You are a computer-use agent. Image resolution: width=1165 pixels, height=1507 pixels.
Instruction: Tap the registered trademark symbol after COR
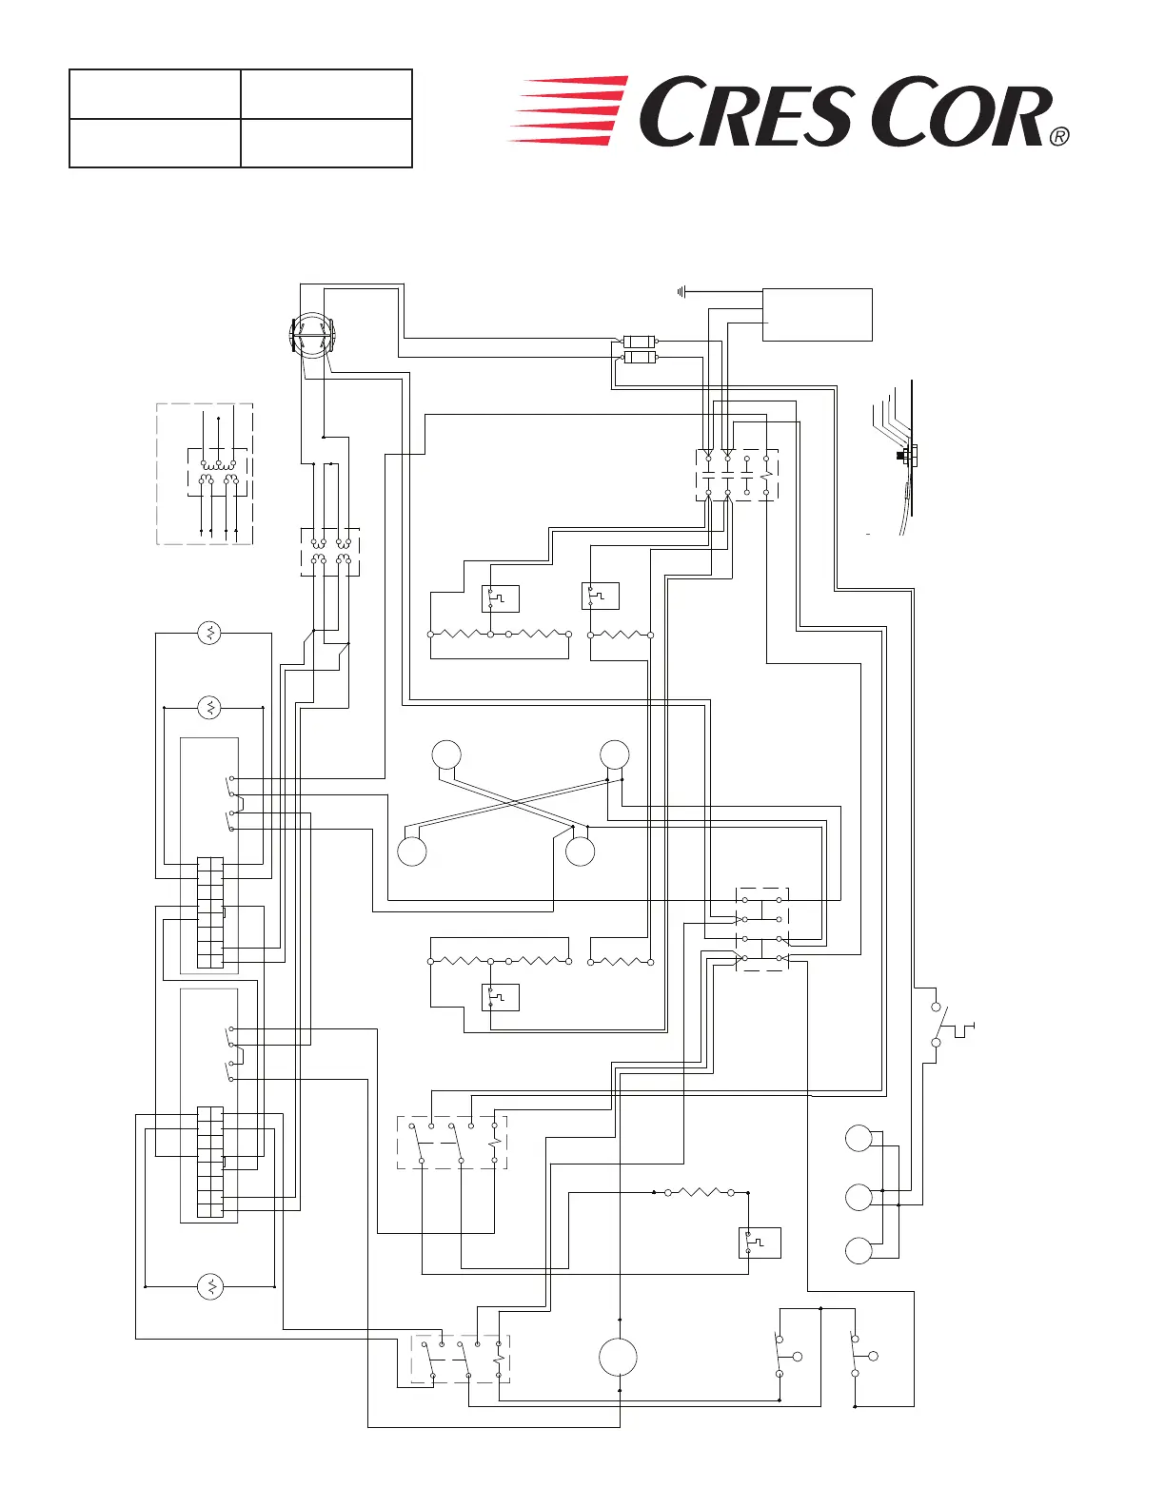tap(1059, 137)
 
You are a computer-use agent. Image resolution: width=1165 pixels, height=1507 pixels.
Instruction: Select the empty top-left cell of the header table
tap(155, 94)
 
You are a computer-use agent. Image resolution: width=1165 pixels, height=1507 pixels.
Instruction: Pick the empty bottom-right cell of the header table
tap(326, 143)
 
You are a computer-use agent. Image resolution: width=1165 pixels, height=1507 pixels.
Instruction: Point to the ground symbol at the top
tap(681, 292)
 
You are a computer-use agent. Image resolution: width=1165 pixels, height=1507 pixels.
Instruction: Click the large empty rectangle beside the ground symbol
tap(817, 315)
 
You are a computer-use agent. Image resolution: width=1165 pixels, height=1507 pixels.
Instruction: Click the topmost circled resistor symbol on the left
tap(209, 632)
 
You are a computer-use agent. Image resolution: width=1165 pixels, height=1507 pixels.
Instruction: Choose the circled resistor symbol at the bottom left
tap(209, 1287)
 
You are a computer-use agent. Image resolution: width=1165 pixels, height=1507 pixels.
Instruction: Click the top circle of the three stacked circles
tap(859, 1138)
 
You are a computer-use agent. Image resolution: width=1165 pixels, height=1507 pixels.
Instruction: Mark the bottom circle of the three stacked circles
tap(859, 1250)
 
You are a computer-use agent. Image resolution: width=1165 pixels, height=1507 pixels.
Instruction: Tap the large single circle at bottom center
tap(618, 1357)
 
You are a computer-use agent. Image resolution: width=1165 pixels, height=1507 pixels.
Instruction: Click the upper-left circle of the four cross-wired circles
tap(446, 754)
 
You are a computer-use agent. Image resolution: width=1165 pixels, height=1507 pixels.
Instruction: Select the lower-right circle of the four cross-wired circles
tap(580, 851)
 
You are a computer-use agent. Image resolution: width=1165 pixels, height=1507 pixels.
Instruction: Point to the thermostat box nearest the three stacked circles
tap(760, 1243)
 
